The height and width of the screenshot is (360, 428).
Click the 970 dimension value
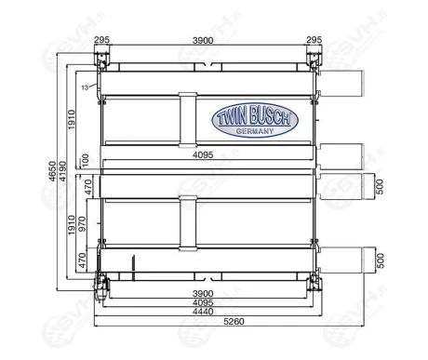coord(82,224)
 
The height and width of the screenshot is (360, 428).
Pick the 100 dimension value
coord(85,162)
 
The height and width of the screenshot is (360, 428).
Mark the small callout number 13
coord(85,87)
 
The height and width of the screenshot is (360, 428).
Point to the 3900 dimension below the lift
coord(207,293)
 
